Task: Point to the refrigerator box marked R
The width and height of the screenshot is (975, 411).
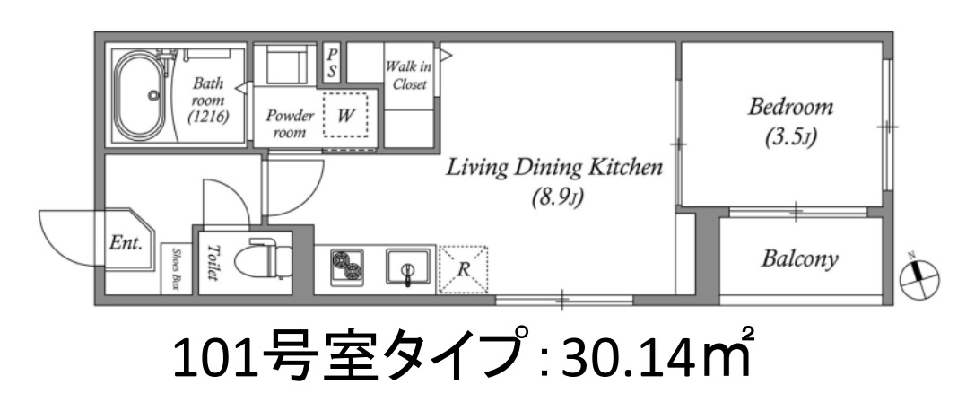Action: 464,267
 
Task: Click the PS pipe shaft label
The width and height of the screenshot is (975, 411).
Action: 331,64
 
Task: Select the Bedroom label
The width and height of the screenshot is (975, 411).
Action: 791,108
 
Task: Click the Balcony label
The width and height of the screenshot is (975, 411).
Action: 799,260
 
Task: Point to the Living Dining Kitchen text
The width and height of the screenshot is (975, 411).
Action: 555,168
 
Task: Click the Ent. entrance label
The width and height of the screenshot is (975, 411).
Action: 125,242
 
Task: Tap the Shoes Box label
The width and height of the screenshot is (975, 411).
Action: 176,268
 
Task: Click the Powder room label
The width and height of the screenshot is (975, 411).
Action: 289,123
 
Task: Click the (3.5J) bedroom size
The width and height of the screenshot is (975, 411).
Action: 790,139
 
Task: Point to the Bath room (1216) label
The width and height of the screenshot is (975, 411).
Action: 209,101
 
